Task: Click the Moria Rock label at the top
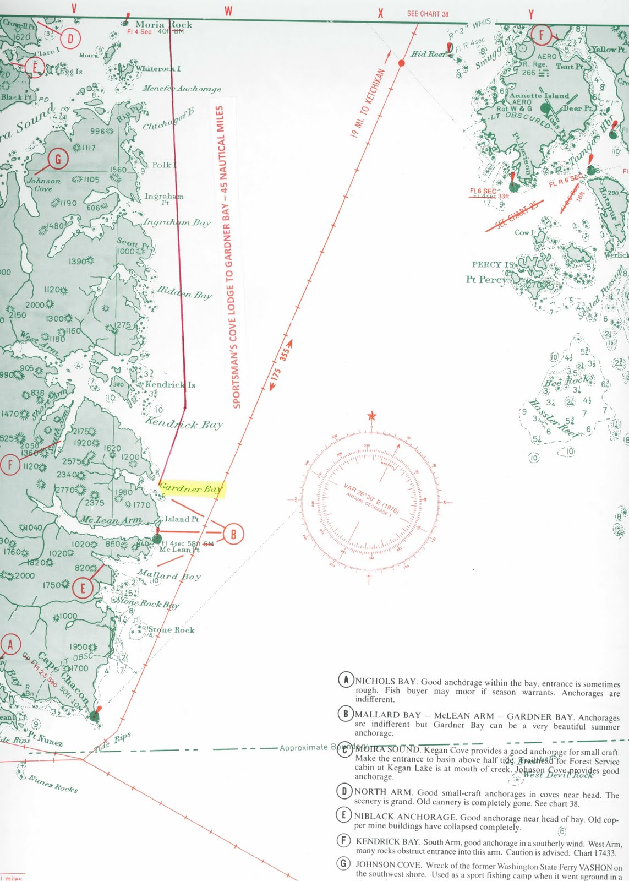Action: click(x=163, y=24)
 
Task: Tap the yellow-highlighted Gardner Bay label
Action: click(x=190, y=488)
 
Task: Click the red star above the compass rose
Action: click(x=372, y=415)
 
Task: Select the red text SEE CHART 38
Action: click(x=428, y=14)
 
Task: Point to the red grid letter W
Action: click(x=228, y=11)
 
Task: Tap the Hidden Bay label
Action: click(x=184, y=292)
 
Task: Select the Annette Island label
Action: click(x=539, y=95)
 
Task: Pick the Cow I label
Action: click(x=524, y=232)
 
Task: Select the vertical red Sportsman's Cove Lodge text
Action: click(x=228, y=256)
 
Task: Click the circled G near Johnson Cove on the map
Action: click(x=58, y=159)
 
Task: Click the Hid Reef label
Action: click(x=430, y=54)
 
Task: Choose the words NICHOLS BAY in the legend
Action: click(x=385, y=681)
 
